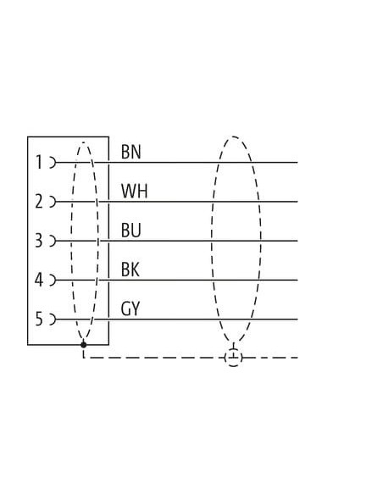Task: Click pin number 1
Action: coord(39,162)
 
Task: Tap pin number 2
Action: coord(39,202)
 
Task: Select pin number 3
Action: coord(38,240)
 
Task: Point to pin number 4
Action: coord(38,280)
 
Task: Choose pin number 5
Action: coord(38,319)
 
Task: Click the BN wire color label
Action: coord(131,152)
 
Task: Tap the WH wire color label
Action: coord(134,191)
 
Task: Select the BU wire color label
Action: coord(130,231)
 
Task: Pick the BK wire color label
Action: coord(130,270)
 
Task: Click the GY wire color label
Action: coord(130,309)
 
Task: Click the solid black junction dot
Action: coord(84,345)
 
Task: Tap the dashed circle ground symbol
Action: coord(234,358)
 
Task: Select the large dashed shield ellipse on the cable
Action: coord(211,240)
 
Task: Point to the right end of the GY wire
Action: coord(297,320)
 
